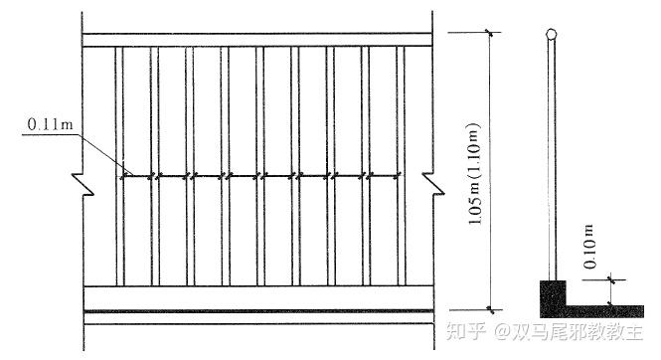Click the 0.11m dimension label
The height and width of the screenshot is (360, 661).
49,124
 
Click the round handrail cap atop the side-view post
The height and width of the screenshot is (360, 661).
550,35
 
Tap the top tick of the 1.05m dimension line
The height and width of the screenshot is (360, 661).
490,33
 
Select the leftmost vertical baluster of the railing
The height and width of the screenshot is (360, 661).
118,164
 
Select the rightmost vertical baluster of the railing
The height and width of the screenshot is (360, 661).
401,164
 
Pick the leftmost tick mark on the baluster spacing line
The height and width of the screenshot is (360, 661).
123,177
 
